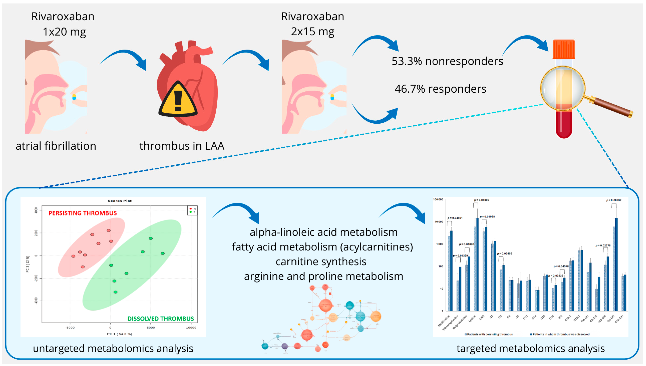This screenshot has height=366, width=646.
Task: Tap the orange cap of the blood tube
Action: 564,49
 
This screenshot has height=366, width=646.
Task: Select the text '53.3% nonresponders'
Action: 447,61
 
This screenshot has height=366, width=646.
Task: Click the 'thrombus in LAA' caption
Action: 182,146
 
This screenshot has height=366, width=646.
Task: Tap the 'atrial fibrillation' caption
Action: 56,146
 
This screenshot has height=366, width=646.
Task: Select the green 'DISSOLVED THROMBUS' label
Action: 160,319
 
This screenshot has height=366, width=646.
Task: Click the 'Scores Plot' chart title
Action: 119,201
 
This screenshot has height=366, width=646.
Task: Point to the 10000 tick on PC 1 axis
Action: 191,328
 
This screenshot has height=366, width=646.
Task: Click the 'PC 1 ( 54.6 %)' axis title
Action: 119,334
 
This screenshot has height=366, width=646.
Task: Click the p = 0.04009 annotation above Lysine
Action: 481,200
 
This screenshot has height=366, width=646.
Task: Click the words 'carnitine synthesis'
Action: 321,262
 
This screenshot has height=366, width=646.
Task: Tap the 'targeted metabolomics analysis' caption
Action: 530,348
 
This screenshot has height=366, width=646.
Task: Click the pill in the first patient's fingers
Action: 74,97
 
